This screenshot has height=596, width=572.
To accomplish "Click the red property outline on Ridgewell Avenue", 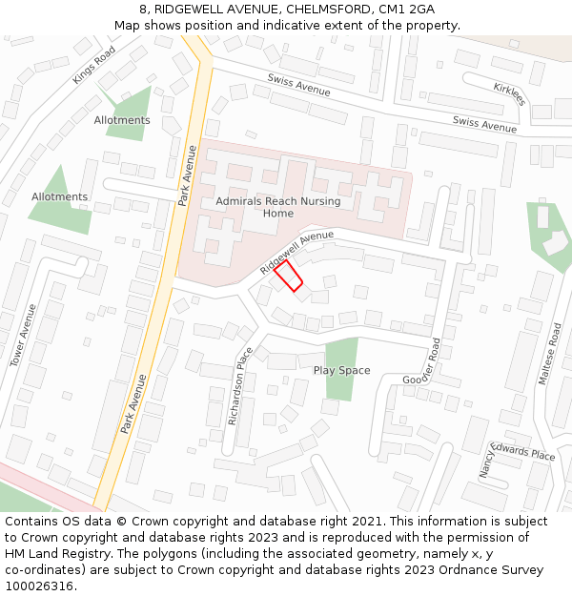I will pos(288,277).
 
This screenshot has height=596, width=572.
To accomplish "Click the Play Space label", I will pos(341,370).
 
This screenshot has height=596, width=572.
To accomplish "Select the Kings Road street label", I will pos(93,65).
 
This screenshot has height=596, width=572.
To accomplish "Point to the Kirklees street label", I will pos(509,93).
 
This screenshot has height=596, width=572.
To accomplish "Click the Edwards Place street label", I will pos(523,452).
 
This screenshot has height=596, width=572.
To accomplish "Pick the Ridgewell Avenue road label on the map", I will pos(296,253).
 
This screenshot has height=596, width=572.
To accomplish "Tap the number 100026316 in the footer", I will pos(39,586).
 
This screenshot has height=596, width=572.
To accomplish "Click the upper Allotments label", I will pos(122,120).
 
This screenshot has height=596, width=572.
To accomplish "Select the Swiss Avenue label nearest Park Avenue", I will pos(298,85).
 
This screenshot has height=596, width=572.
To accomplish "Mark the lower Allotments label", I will pos(59,196).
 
